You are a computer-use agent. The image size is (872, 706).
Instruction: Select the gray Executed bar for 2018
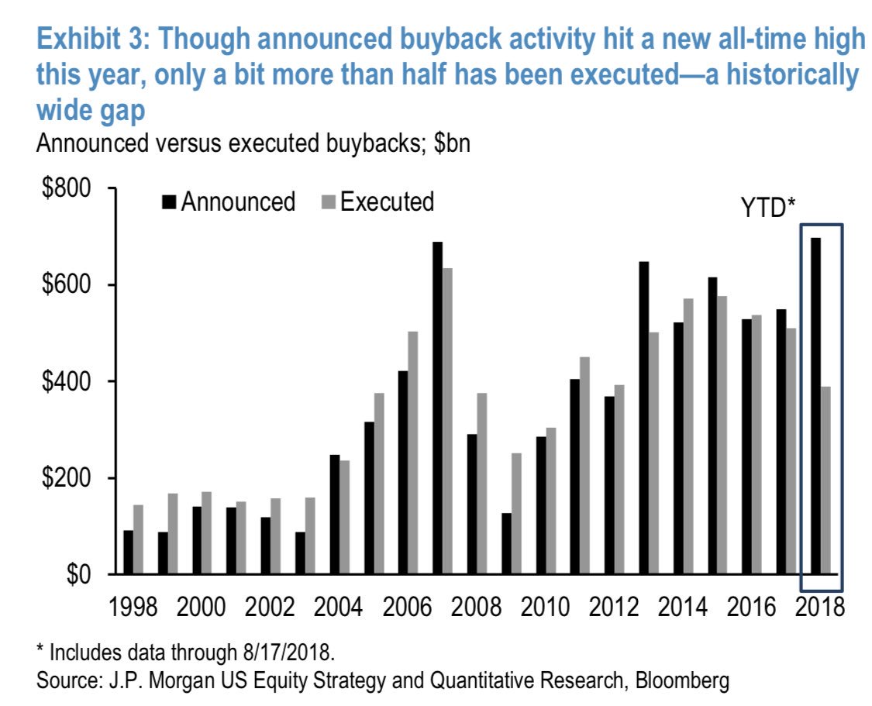[826, 480]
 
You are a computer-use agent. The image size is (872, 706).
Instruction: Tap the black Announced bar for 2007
[438, 408]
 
